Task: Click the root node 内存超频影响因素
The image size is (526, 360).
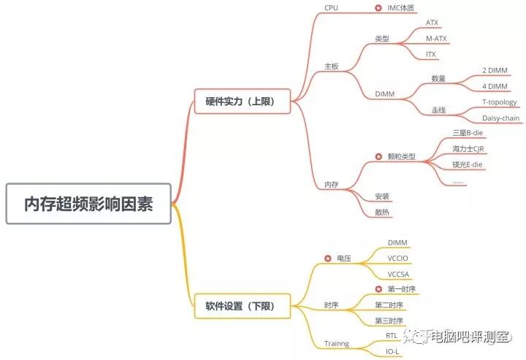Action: click(x=89, y=203)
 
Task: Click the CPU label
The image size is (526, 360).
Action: click(x=331, y=8)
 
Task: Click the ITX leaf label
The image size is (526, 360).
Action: click(x=431, y=54)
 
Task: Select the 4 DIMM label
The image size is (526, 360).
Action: click(x=495, y=86)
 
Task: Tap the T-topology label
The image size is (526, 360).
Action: click(x=500, y=102)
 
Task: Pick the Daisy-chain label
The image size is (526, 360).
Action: click(x=500, y=118)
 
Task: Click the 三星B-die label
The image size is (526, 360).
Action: click(x=468, y=133)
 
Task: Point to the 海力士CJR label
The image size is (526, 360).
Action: click(x=468, y=149)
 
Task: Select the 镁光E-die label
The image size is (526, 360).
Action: click(x=468, y=165)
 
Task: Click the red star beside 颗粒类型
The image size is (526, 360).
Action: click(x=378, y=156)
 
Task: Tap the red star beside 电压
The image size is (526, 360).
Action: click(x=327, y=258)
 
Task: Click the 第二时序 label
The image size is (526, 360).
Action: click(x=389, y=305)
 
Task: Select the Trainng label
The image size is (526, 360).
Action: click(x=337, y=343)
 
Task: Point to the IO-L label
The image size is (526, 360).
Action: click(x=393, y=352)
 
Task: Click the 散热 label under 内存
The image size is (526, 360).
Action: click(x=382, y=212)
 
